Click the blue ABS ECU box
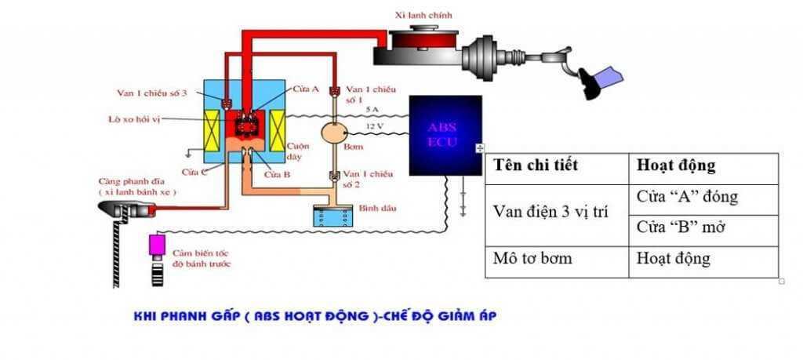pyautogui.click(x=444, y=136)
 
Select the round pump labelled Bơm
pyautogui.click(x=336, y=133)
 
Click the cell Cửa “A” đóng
pyautogui.click(x=687, y=197)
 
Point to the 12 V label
pyautogui.click(x=375, y=126)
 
